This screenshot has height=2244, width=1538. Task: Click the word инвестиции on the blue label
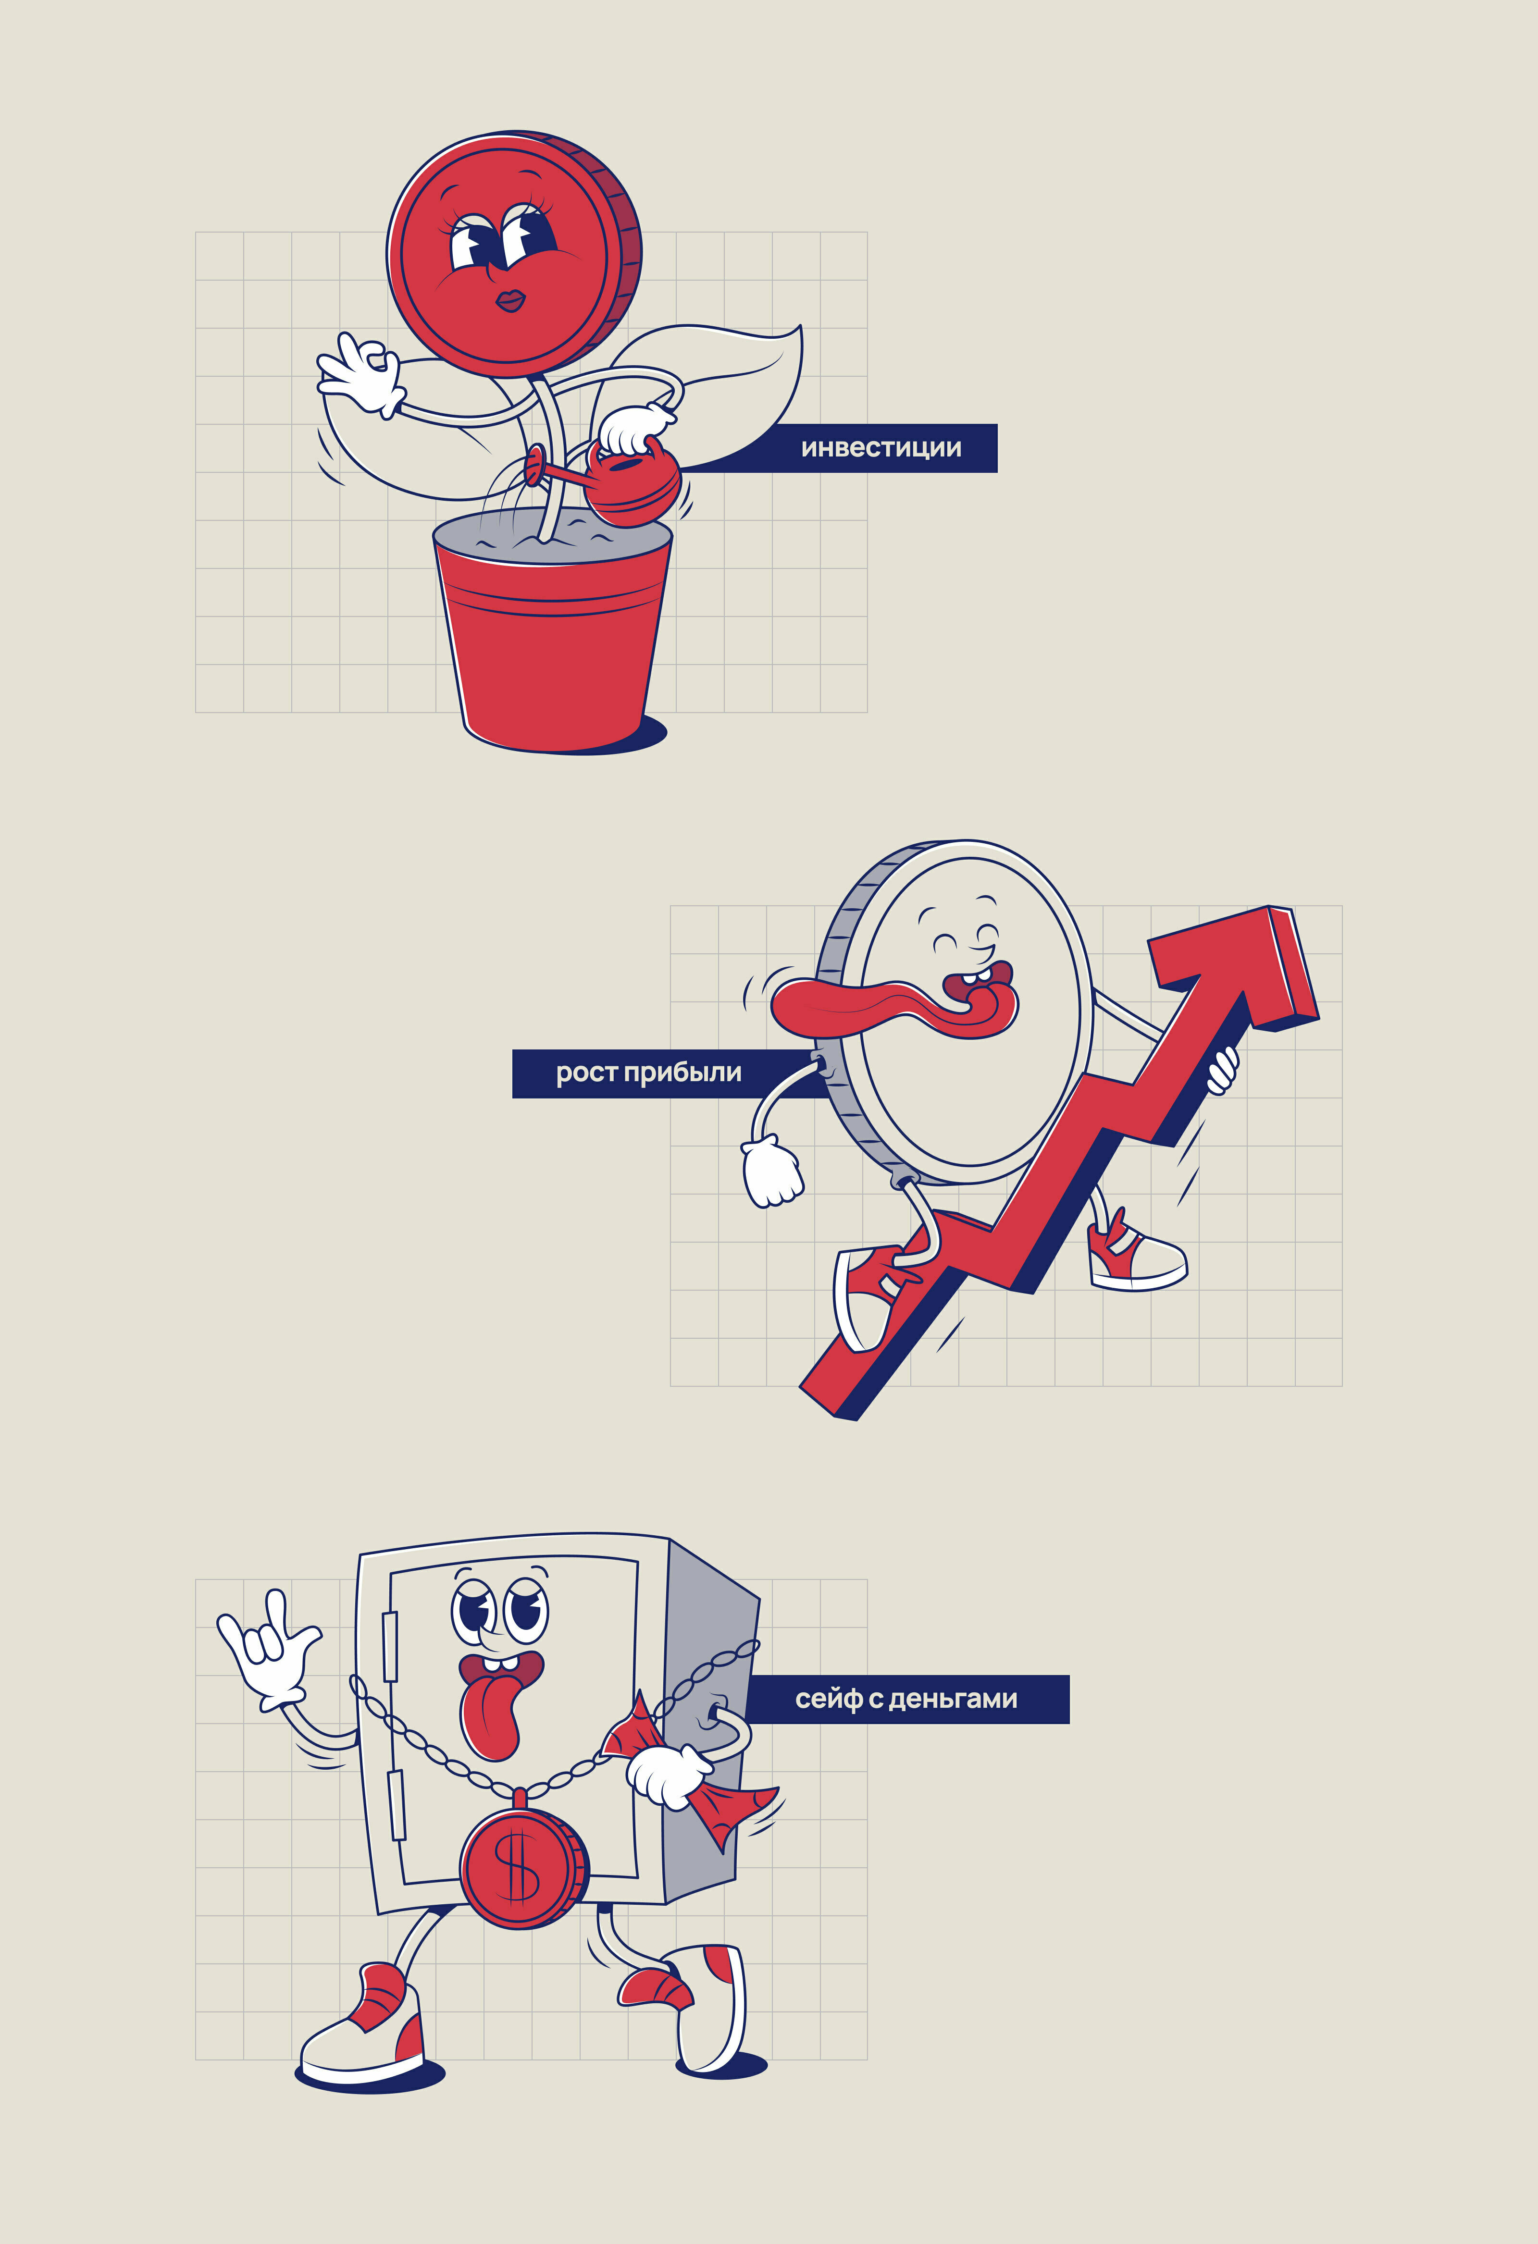pyautogui.click(x=881, y=448)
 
